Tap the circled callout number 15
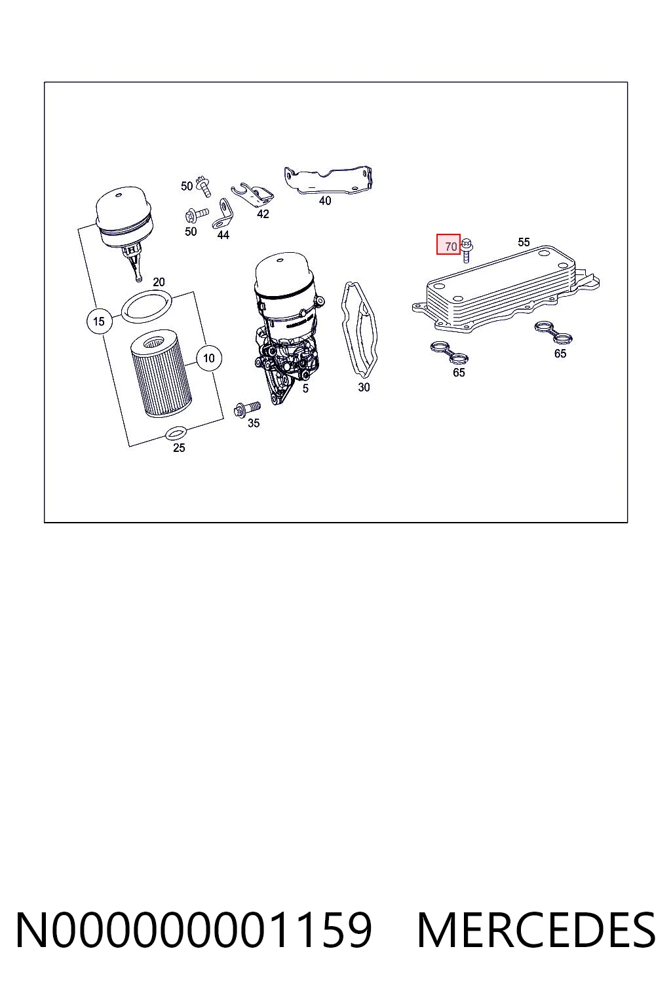coord(99,321)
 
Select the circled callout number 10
coord(208,358)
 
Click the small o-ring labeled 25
coord(175,433)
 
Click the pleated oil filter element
coord(158,377)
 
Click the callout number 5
coord(305,389)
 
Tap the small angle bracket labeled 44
coord(222,215)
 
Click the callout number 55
coord(524,242)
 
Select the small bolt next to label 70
coord(467,250)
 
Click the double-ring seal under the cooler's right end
coord(553,332)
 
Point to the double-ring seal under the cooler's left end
coord(449,352)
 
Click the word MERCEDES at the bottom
coord(536,931)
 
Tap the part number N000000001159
coord(194,931)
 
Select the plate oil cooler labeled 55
coord(506,289)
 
